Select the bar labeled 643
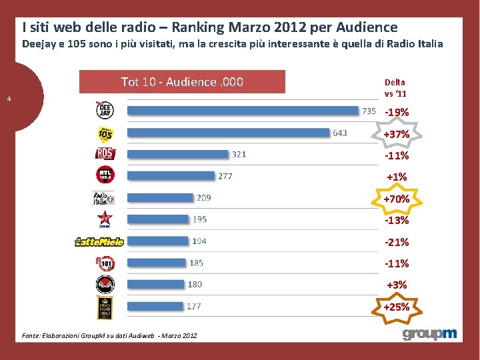click(x=229, y=133)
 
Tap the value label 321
click(x=239, y=155)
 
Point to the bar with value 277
click(x=171, y=176)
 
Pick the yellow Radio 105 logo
click(x=105, y=133)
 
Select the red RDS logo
click(x=105, y=154)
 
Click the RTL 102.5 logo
click(x=105, y=175)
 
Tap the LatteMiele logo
click(x=99, y=242)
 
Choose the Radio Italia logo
click(x=103, y=198)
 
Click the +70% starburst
click(x=397, y=199)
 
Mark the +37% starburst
click(x=397, y=135)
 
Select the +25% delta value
click(x=397, y=307)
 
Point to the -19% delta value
click(x=397, y=113)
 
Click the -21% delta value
click(x=397, y=242)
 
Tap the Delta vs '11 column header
click(x=395, y=87)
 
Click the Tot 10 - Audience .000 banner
click(x=182, y=82)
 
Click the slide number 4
click(x=9, y=99)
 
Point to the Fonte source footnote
click(x=113, y=335)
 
